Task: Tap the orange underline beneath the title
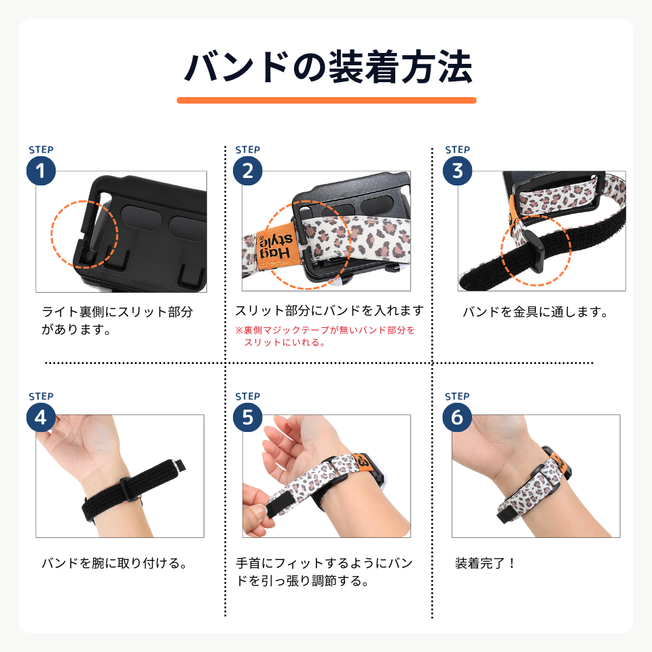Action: [326, 100]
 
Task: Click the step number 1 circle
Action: [41, 171]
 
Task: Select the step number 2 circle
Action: [247, 171]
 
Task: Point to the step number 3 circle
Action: [456, 171]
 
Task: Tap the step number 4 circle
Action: [41, 417]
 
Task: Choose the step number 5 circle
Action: [247, 417]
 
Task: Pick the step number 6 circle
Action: [456, 417]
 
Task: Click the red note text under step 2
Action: [325, 336]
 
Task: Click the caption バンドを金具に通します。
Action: [535, 312]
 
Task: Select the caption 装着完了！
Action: [486, 563]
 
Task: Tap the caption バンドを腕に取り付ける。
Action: [114, 564]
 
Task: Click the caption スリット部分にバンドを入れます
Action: [329, 311]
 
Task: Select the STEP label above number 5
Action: [247, 397]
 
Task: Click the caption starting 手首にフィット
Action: [324, 573]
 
